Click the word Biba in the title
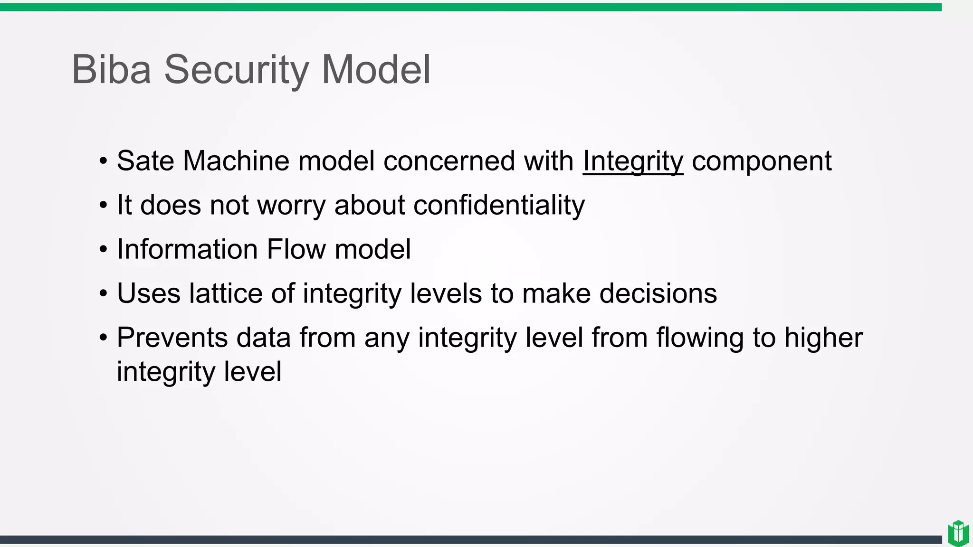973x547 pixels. click(x=111, y=70)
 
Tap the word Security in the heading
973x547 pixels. click(x=236, y=70)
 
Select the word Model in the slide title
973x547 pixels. click(x=376, y=70)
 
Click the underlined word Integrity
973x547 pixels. click(x=633, y=161)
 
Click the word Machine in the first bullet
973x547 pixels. click(x=236, y=161)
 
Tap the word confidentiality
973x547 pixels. click(x=499, y=206)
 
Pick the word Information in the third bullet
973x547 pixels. click(x=187, y=249)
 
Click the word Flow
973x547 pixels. click(x=296, y=249)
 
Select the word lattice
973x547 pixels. click(x=225, y=293)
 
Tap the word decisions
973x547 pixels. click(x=658, y=293)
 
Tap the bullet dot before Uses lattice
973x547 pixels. click(x=104, y=294)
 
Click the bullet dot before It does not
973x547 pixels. click(x=104, y=206)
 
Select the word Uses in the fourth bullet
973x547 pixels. click(x=149, y=293)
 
